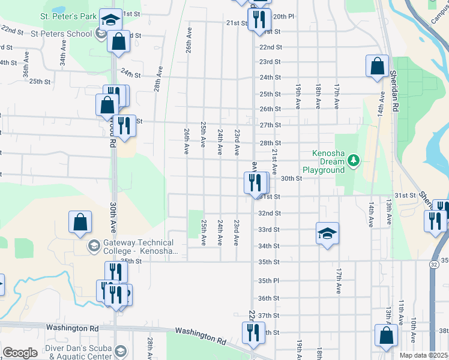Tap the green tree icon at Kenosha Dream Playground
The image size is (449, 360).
[354, 160]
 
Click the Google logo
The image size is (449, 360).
[20, 353]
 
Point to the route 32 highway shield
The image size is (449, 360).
[433, 263]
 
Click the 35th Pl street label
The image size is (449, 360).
[269, 280]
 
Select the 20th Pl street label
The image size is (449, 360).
[283, 17]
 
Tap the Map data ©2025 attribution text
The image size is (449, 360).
[424, 355]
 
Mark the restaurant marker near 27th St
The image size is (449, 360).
[124, 126]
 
